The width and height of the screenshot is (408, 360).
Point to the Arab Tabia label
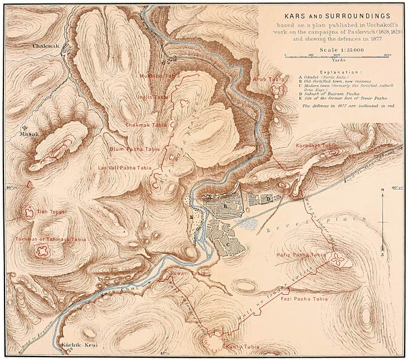[268, 79]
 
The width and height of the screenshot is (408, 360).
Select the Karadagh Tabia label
[316, 146]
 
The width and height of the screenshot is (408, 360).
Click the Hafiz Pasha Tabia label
[301, 256]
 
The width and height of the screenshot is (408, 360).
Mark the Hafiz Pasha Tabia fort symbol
[338, 260]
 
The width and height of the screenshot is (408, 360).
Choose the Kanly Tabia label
[238, 346]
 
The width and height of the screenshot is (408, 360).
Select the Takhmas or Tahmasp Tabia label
[51, 239]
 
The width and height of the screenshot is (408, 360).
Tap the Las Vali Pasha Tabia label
[125, 168]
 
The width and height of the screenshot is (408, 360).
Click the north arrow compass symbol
[383, 221]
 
